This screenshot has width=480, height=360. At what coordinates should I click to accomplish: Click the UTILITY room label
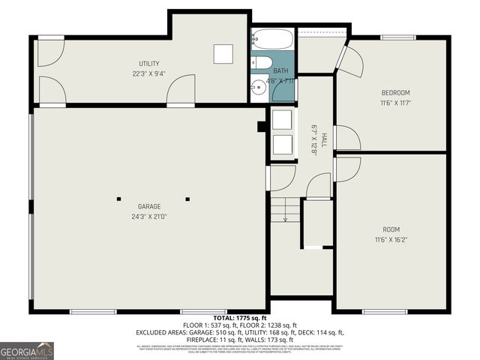pos(148,64)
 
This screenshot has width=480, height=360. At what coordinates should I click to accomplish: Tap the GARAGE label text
pos(148,206)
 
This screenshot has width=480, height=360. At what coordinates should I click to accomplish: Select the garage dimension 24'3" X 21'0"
pos(148,217)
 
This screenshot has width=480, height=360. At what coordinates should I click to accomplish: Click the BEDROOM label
pos(395,92)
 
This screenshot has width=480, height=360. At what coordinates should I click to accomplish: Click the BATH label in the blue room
pos(280,70)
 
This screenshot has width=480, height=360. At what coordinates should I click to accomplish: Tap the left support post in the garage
pos(118,199)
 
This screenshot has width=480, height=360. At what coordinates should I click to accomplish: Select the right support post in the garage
pos(187,199)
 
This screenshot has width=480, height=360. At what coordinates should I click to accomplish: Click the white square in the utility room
pos(223,54)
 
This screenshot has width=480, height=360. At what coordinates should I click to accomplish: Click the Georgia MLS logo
pos(27,350)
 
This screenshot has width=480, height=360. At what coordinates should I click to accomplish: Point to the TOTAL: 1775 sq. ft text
pos(239,317)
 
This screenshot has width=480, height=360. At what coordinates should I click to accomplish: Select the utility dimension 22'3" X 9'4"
pos(148,74)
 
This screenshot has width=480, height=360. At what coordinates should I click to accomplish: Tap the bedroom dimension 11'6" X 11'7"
pos(395,103)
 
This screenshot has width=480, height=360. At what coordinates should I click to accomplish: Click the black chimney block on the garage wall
pos(262,127)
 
